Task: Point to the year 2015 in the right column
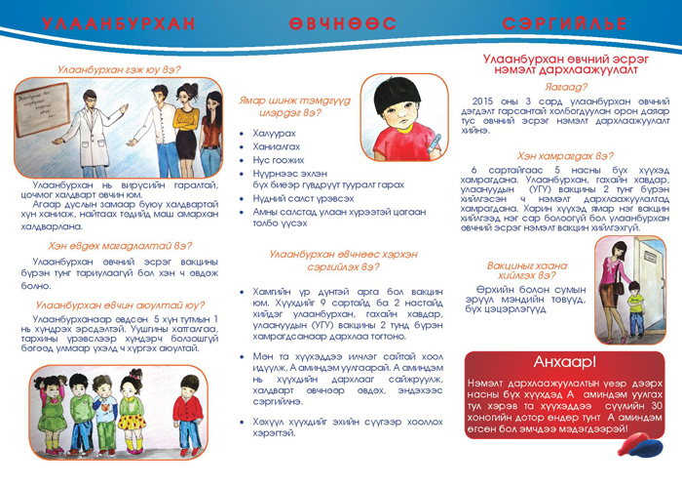click(484, 101)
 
